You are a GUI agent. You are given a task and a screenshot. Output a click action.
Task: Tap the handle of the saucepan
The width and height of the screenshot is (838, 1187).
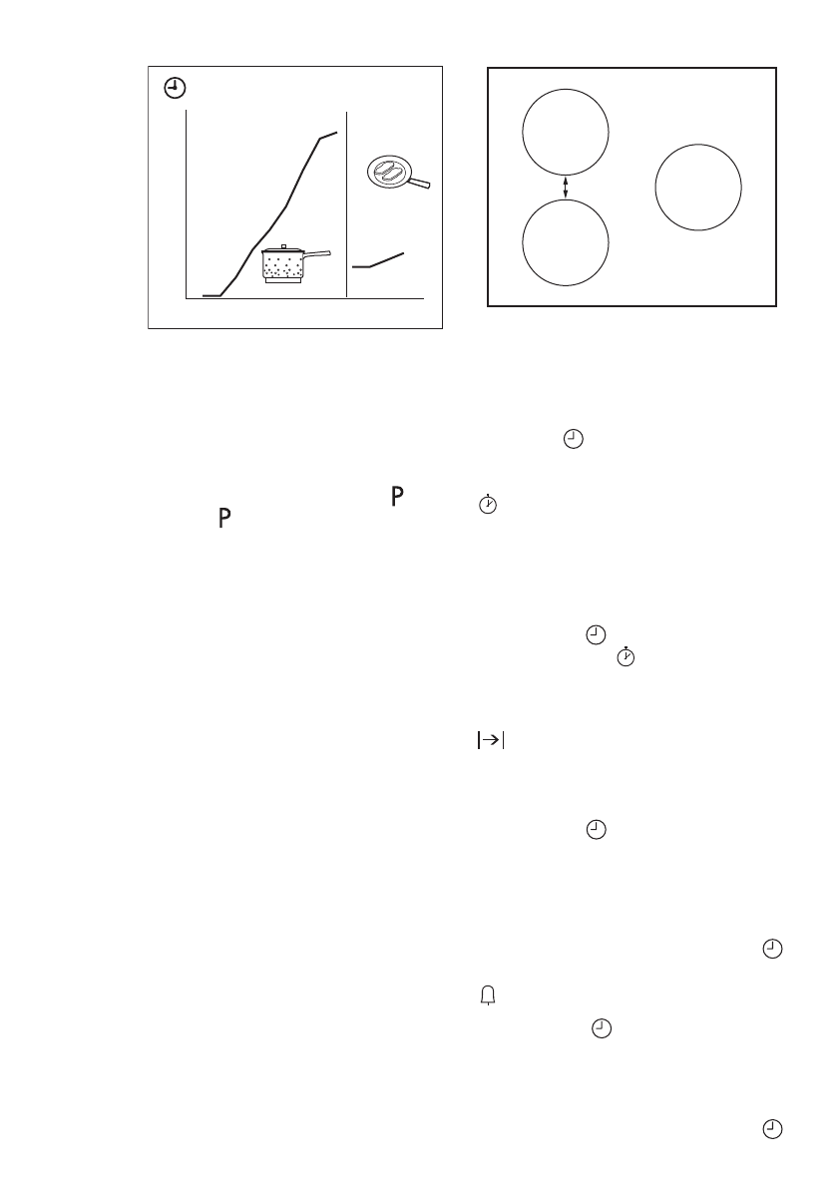coord(317,255)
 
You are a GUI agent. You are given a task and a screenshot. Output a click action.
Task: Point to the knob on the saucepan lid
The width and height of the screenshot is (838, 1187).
coord(284,245)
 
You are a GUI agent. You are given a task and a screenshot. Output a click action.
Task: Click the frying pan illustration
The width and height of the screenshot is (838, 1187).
coord(391,173)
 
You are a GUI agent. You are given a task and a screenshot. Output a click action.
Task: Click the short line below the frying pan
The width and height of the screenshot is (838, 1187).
coord(378,261)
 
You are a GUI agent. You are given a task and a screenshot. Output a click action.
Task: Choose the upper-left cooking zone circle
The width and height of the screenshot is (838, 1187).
coord(566,133)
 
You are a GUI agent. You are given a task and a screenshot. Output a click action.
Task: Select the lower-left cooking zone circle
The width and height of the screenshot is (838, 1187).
coord(566,242)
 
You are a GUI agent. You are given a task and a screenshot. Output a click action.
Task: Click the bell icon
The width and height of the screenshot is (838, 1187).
coord(489,996)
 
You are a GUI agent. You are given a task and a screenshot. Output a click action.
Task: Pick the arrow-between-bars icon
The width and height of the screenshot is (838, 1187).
coord(490,740)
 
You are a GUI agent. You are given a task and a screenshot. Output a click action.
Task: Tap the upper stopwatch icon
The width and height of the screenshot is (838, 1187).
coord(488,505)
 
